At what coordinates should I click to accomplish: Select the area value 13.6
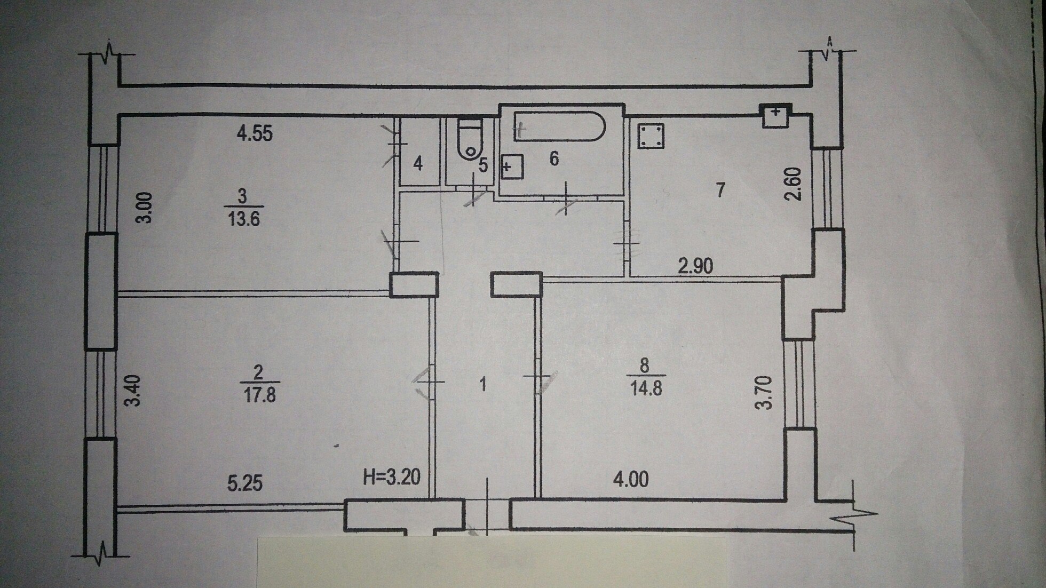tap(243, 219)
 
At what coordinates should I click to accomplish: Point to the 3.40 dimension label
tap(132, 391)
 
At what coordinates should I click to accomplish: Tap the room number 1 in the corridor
tap(483, 385)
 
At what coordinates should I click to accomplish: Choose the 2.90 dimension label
tap(695, 266)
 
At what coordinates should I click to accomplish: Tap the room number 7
tap(720, 189)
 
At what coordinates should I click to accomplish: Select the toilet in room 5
tap(470, 139)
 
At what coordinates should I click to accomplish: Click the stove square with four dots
tap(651, 137)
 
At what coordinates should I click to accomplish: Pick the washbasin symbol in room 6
tap(512, 167)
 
